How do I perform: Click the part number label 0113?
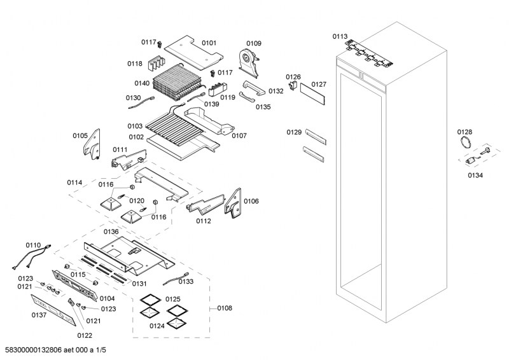[340, 37]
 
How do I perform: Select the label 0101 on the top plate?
[209, 43]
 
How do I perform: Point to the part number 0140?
[142, 83]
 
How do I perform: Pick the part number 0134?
[475, 175]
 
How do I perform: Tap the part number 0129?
[294, 132]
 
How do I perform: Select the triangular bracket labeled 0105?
[92, 144]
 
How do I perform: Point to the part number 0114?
[74, 183]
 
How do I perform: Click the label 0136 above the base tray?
[111, 232]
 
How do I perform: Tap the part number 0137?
[39, 315]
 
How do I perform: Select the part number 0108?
[225, 308]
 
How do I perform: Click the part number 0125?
[173, 299]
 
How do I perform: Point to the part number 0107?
[239, 135]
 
